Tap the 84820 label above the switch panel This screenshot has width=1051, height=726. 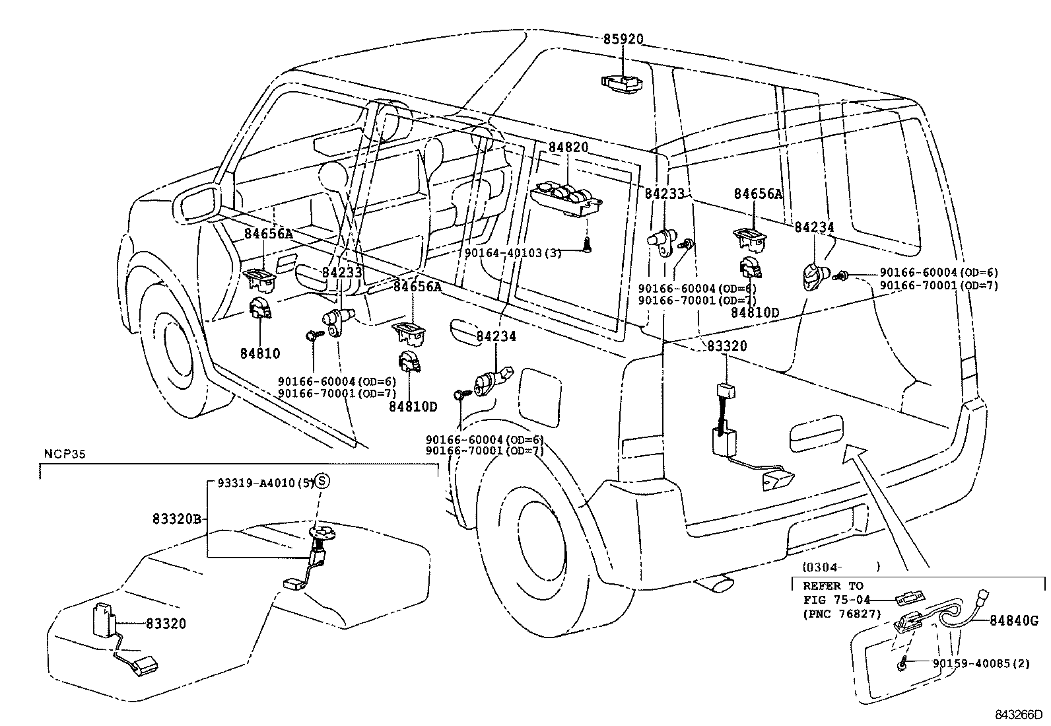click(x=567, y=147)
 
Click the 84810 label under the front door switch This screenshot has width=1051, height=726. click(x=259, y=353)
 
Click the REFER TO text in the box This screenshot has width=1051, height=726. click(x=832, y=586)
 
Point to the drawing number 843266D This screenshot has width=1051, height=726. click(x=1019, y=714)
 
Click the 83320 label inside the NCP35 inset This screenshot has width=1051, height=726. click(x=166, y=623)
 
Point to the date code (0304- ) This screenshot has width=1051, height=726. click(x=841, y=567)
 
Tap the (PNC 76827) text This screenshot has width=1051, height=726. click(x=842, y=614)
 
